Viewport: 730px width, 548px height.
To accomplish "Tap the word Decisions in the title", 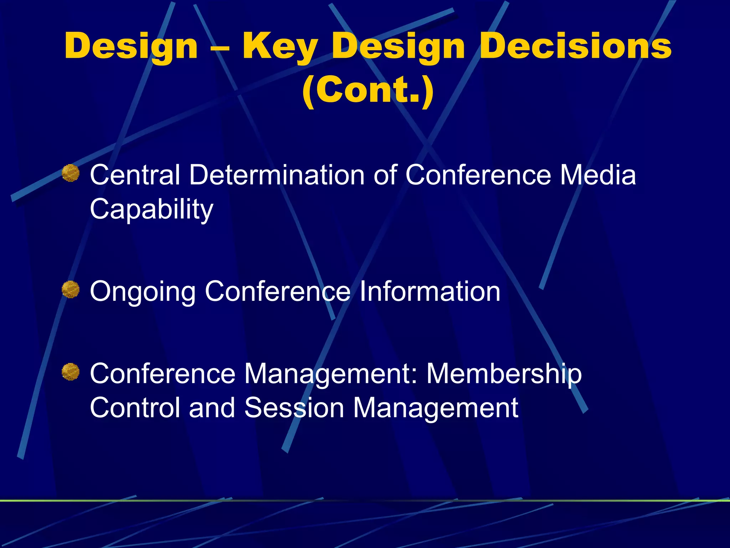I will (576, 46).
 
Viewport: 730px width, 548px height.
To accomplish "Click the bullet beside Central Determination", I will (71, 173).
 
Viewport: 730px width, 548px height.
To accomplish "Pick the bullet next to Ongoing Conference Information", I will (71, 289).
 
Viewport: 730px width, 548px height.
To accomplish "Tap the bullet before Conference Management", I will (71, 372).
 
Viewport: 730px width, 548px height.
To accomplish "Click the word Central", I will (135, 175).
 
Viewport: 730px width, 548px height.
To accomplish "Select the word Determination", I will (277, 175).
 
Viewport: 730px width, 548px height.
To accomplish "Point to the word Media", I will (598, 175).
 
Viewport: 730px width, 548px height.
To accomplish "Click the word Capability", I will (151, 210).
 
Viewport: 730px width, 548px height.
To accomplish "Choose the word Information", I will (430, 291).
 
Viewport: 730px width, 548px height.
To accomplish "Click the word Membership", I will (504, 374).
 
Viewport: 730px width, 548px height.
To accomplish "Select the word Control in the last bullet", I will (135, 408).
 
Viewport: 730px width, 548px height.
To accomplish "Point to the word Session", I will (294, 408).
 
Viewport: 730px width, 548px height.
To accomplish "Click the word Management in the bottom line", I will (435, 408).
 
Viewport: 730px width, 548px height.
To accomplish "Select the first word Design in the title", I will (131, 46).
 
